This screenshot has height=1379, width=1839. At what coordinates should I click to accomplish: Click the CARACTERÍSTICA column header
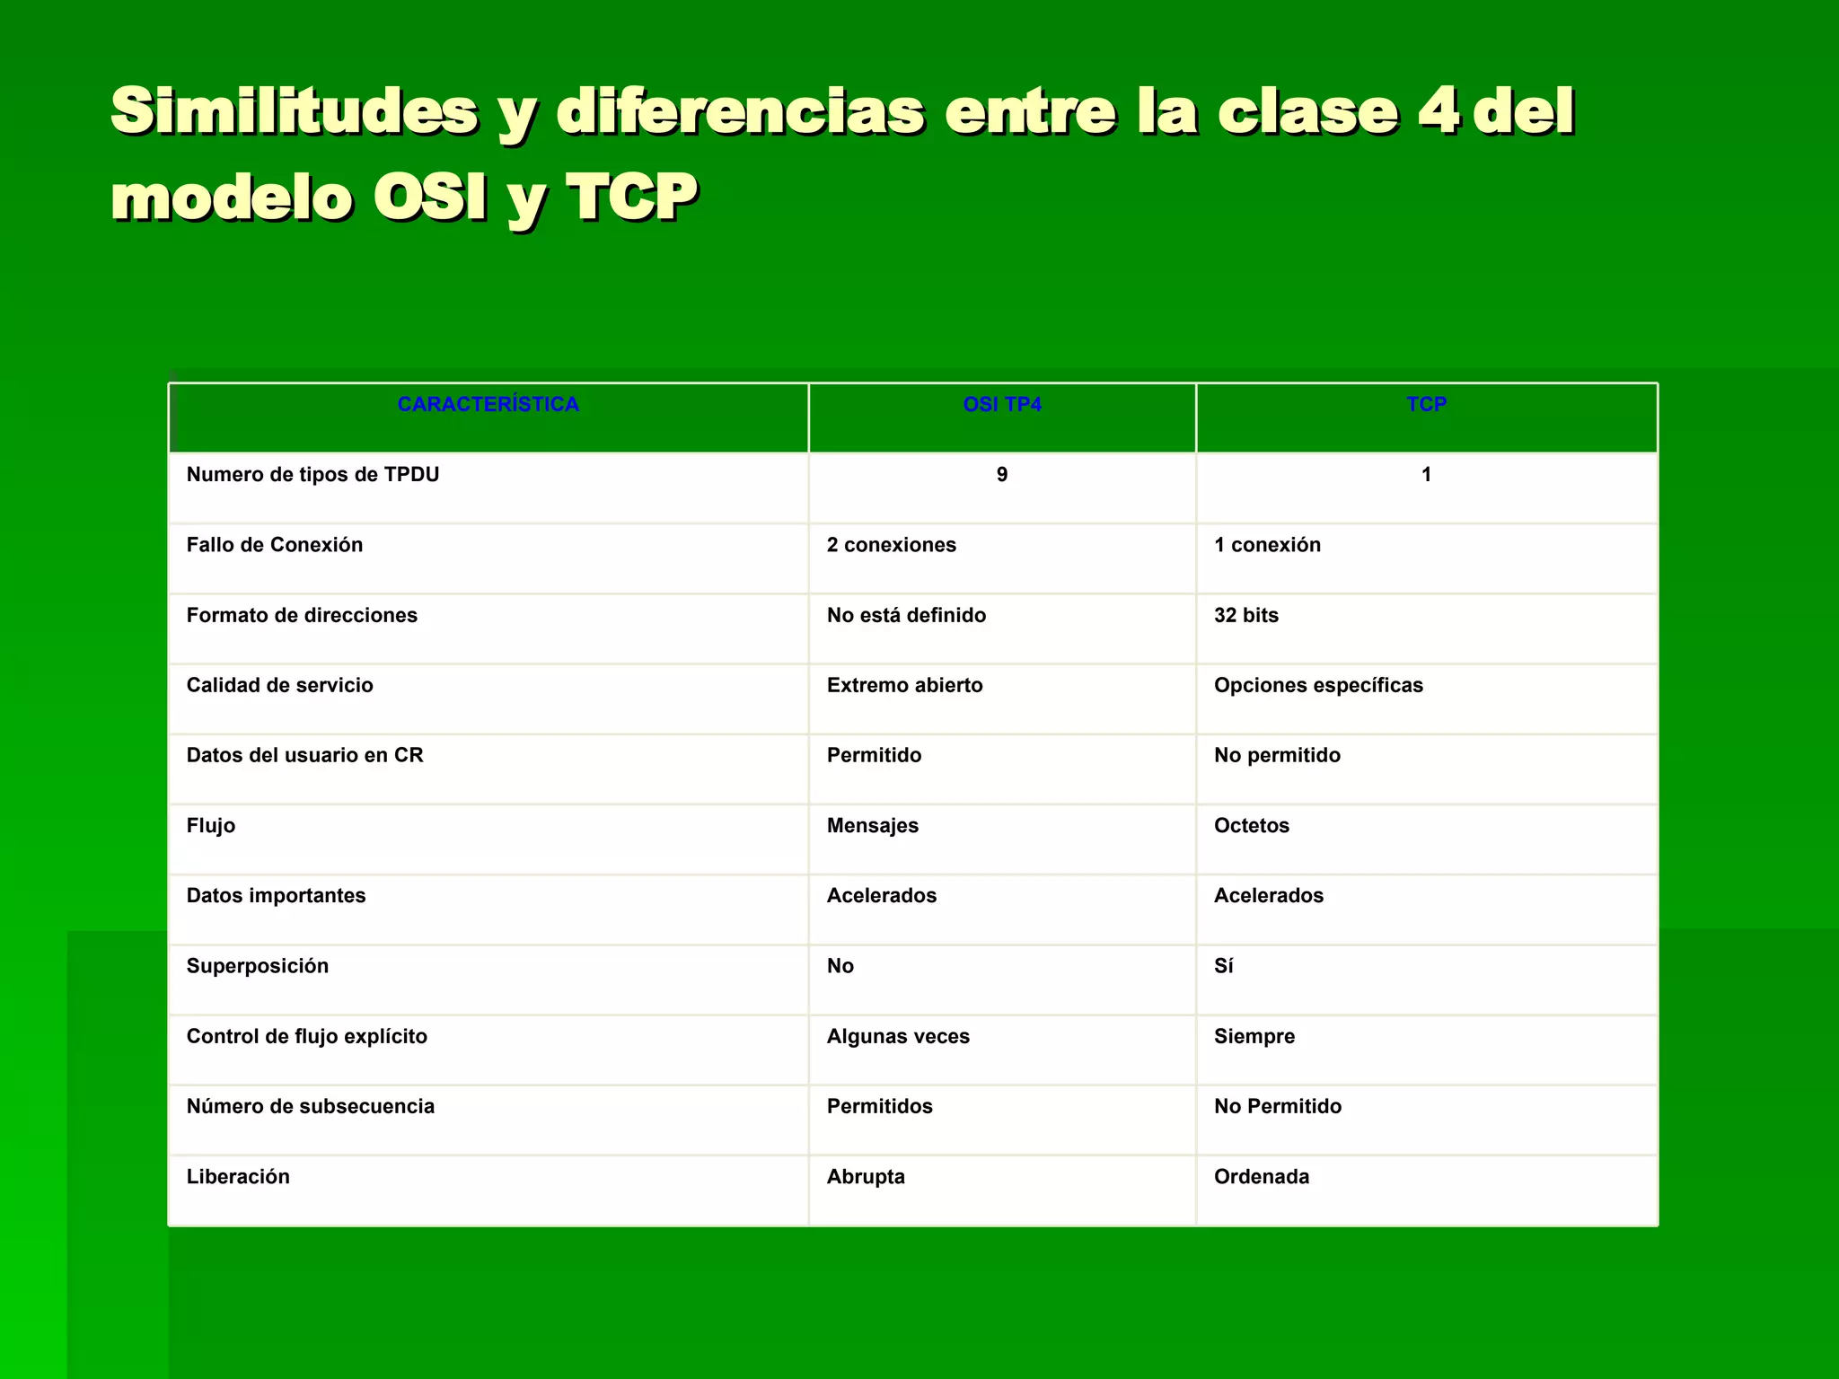click(x=488, y=405)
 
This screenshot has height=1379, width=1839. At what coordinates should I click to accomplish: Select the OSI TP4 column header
click(x=1001, y=405)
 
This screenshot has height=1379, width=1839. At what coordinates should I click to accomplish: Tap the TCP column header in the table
click(x=1426, y=405)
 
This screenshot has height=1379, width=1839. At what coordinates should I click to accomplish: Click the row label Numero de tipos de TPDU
click(x=312, y=475)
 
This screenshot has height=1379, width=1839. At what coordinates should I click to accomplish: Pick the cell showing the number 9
click(x=1001, y=475)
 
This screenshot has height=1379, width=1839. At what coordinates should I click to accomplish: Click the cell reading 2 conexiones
click(x=891, y=545)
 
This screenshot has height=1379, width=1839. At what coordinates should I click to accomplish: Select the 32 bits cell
click(x=1245, y=616)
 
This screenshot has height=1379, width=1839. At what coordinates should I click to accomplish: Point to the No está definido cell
click(x=905, y=616)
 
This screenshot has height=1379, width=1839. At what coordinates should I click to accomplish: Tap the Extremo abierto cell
click(x=904, y=686)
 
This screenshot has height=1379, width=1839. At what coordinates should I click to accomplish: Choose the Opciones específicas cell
click(x=1317, y=686)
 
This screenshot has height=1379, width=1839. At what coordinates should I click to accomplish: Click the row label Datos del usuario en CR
click(x=304, y=756)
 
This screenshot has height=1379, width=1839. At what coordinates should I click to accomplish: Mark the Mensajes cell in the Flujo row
click(x=872, y=826)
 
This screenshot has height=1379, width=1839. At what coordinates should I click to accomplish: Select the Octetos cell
click(x=1251, y=826)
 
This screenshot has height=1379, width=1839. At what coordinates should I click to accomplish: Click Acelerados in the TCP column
click(x=1268, y=896)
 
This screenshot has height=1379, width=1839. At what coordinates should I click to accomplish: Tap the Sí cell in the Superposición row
click(x=1223, y=966)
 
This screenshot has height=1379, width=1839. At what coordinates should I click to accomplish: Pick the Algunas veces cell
click(x=898, y=1037)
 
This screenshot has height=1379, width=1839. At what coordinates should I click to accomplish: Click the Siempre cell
click(x=1254, y=1037)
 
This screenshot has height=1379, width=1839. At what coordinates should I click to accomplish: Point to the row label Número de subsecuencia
click(x=310, y=1107)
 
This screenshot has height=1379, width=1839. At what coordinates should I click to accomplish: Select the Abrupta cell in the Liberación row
click(x=866, y=1177)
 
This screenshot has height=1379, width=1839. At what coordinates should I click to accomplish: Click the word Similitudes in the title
click(x=294, y=111)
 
